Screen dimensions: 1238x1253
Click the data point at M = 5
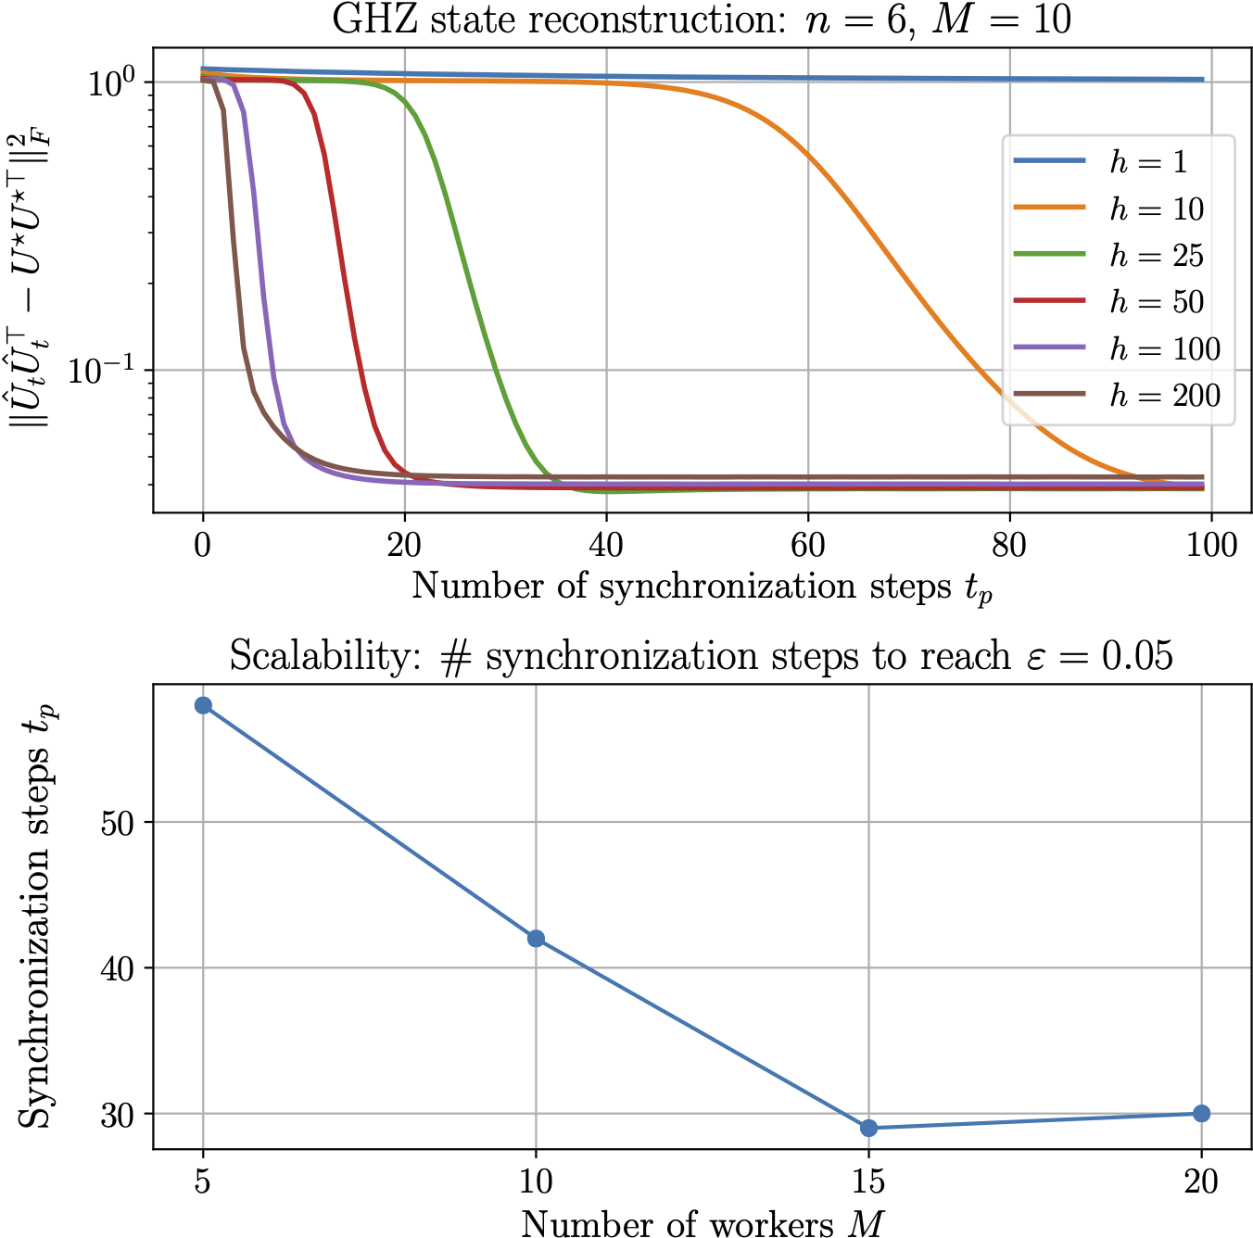(203, 705)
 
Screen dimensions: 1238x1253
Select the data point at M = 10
(536, 939)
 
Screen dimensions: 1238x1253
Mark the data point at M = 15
(868, 1128)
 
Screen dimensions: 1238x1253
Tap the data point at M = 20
(1201, 1113)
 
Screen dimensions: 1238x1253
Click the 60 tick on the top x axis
(807, 545)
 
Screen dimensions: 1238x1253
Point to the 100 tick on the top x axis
(1210, 545)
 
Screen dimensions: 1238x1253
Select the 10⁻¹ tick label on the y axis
(103, 370)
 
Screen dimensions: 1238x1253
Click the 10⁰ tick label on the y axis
(112, 82)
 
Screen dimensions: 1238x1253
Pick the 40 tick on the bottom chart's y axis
(119, 968)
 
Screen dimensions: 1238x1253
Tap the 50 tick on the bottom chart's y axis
(119, 822)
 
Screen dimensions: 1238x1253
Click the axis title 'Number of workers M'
(702, 1223)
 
